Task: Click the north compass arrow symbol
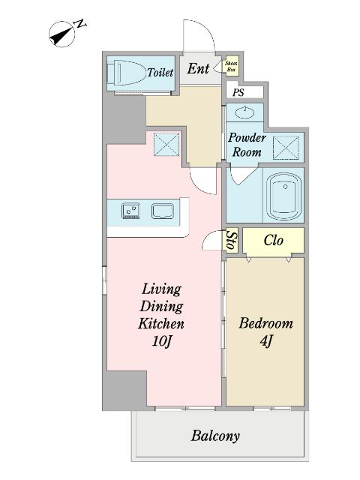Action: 62,34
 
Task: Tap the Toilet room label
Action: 160,73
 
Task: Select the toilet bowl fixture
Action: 126,73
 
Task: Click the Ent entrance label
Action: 198,68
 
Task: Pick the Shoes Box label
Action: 231,67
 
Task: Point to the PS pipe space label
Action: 238,92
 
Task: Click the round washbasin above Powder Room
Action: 244,112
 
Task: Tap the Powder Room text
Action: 247,145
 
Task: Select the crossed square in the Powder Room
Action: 286,148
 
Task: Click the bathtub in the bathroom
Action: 283,196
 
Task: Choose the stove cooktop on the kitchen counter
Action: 130,211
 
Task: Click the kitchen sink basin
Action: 163,211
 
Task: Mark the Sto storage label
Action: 232,240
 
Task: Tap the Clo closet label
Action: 273,240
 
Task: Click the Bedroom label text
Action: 265,323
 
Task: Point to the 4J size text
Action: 265,341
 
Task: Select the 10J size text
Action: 161,341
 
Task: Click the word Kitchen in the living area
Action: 161,323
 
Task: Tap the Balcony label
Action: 215,436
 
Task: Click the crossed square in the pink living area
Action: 166,145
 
